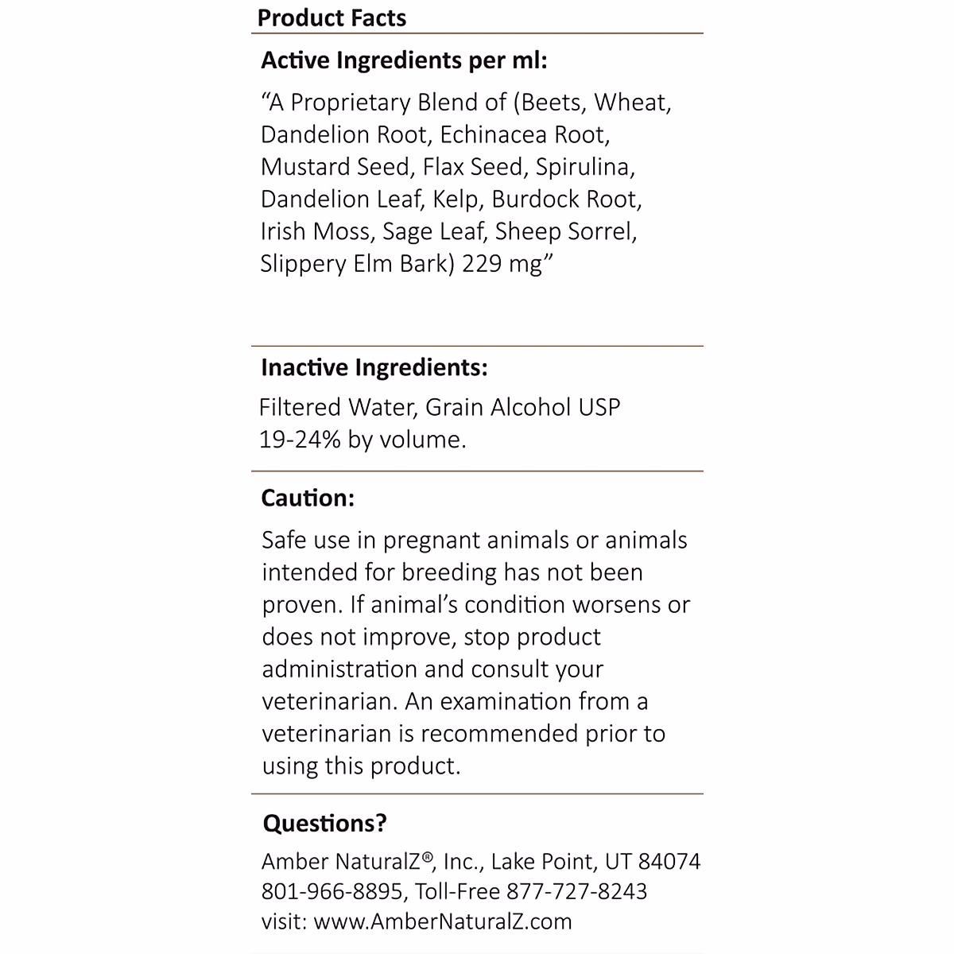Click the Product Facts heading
click(x=332, y=17)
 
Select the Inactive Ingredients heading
click(x=374, y=367)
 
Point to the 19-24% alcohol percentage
click(x=301, y=440)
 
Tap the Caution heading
click(x=308, y=498)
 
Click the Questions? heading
click(x=324, y=823)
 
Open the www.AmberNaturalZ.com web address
click(x=443, y=921)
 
